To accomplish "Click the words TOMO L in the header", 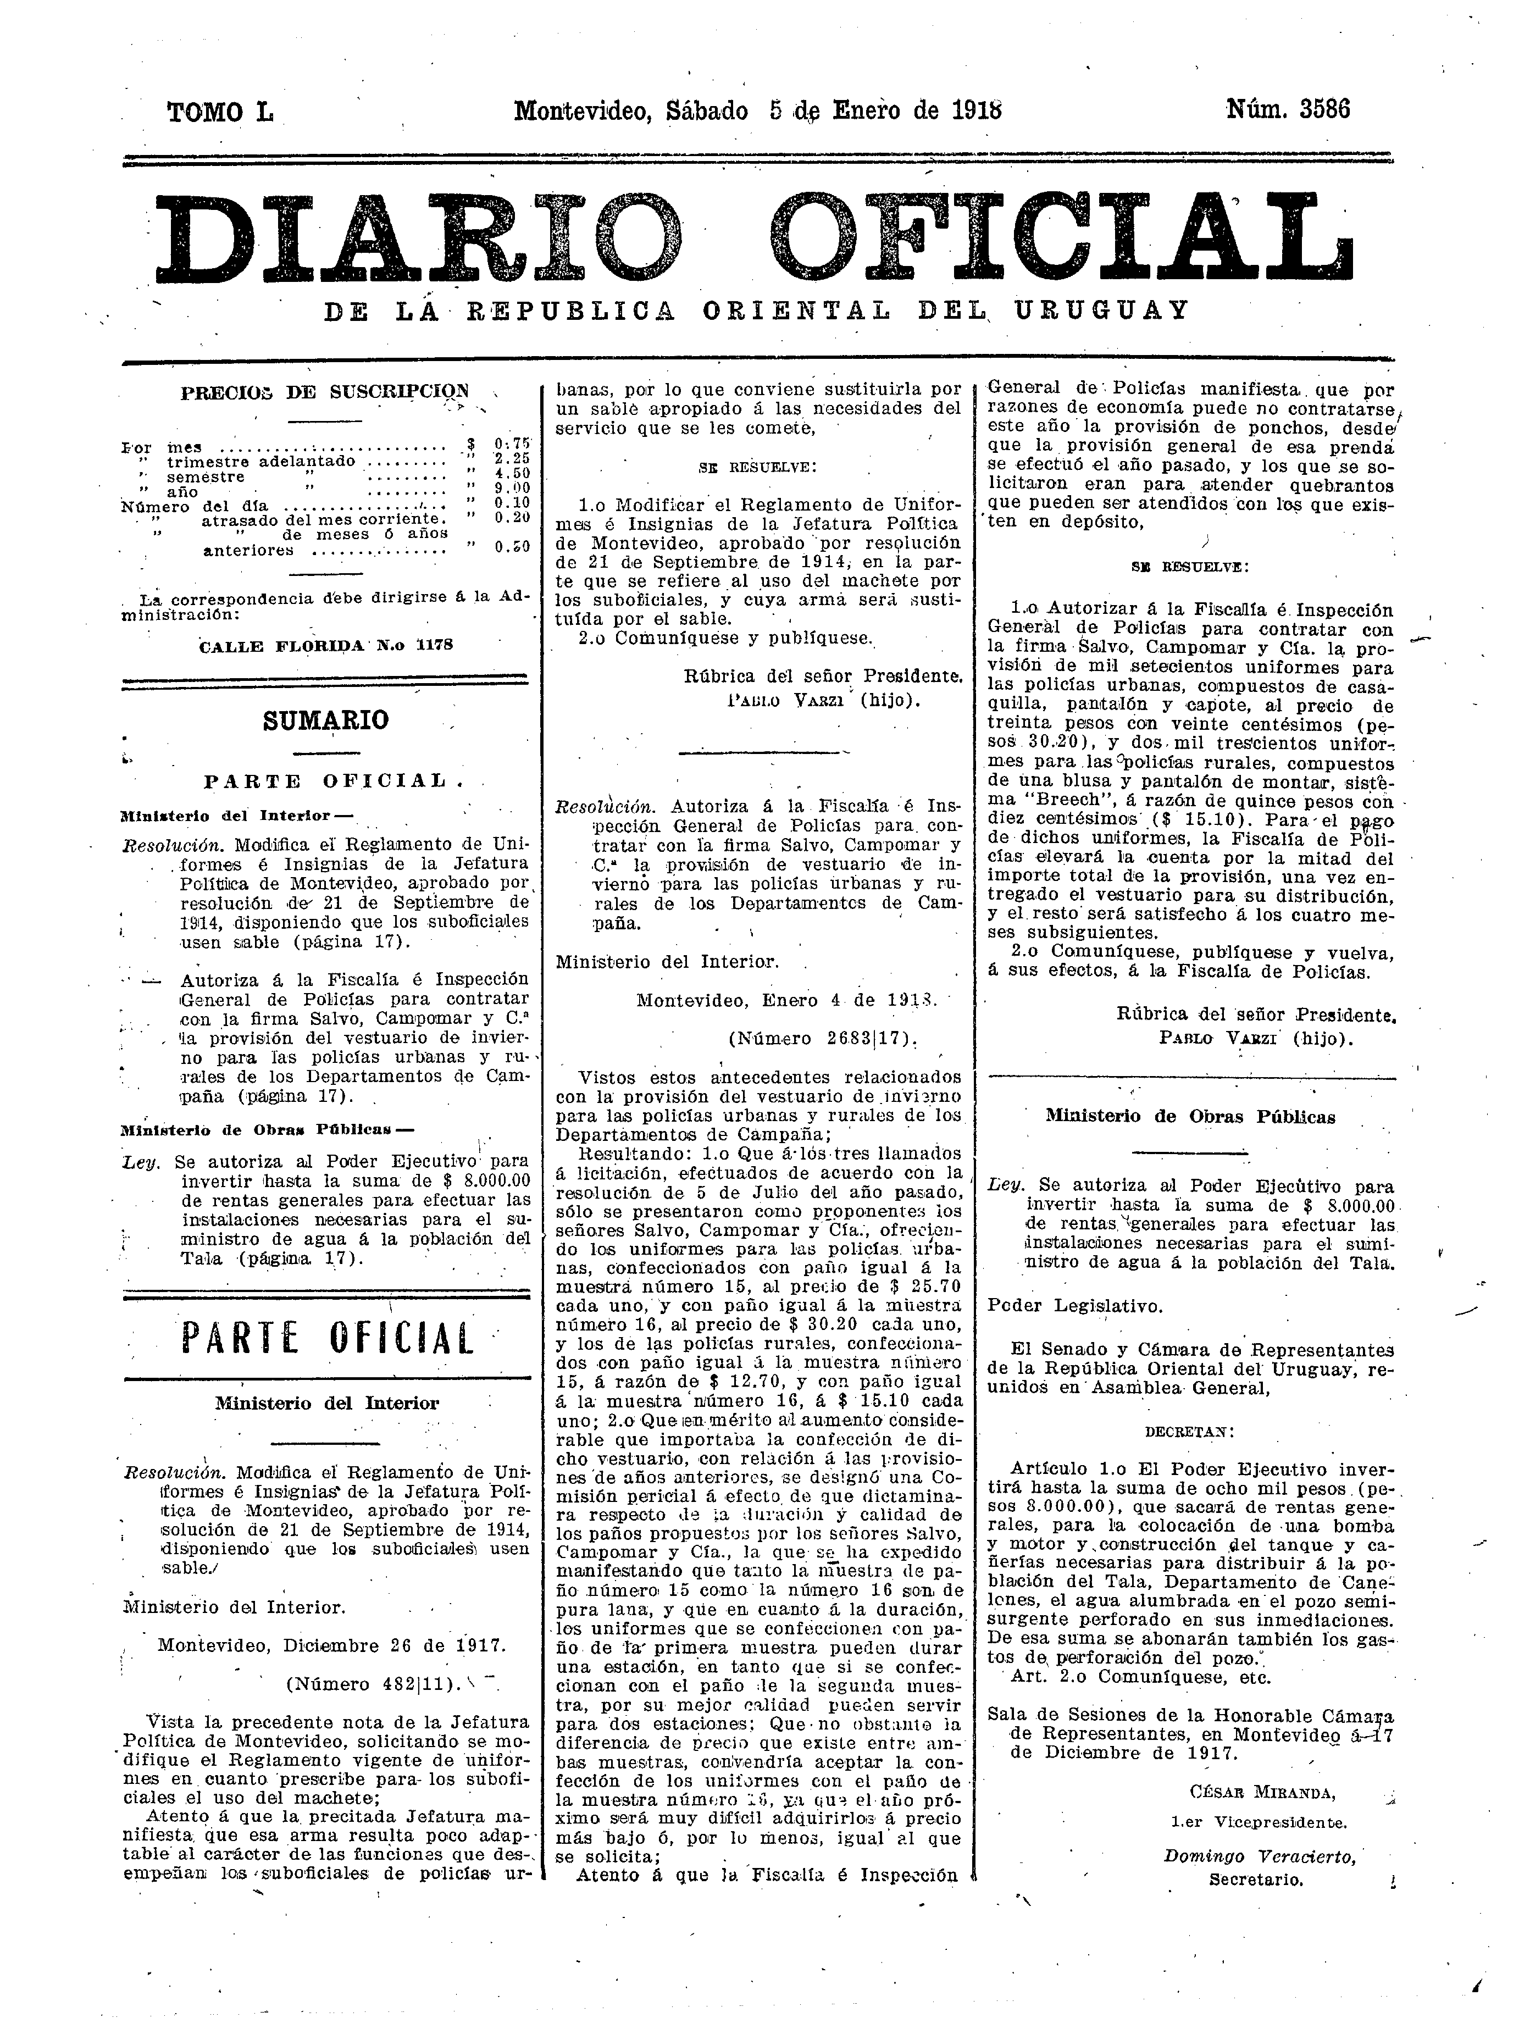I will click(219, 113).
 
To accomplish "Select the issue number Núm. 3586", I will click(1288, 110).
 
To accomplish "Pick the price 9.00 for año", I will click(512, 489).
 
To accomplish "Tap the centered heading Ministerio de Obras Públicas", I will click(1190, 1117).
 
